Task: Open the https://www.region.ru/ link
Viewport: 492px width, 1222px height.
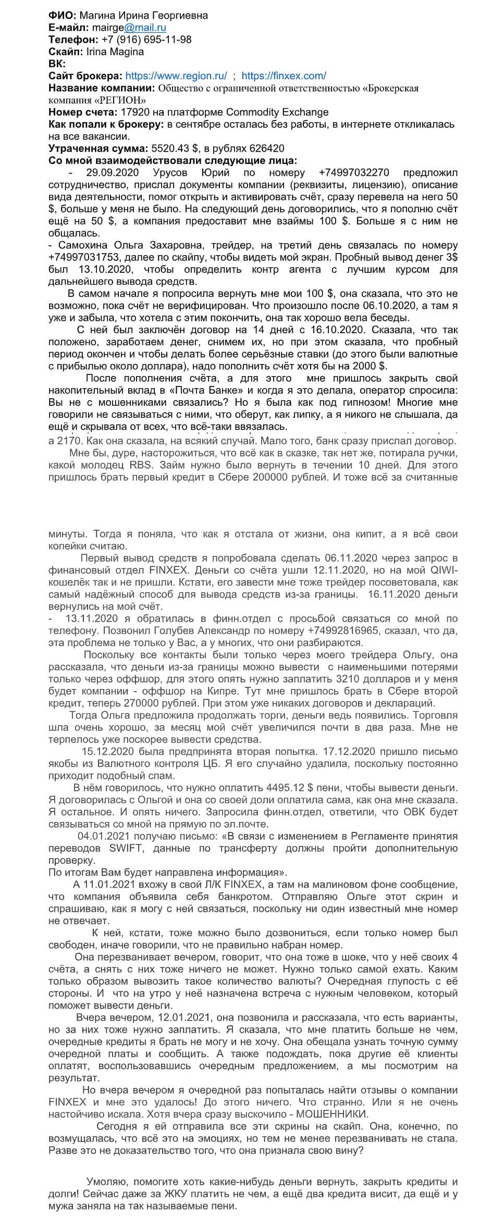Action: tap(176, 76)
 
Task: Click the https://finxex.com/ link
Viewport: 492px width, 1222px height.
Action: tap(284, 76)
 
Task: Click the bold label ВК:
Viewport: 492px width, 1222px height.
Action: tap(57, 64)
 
